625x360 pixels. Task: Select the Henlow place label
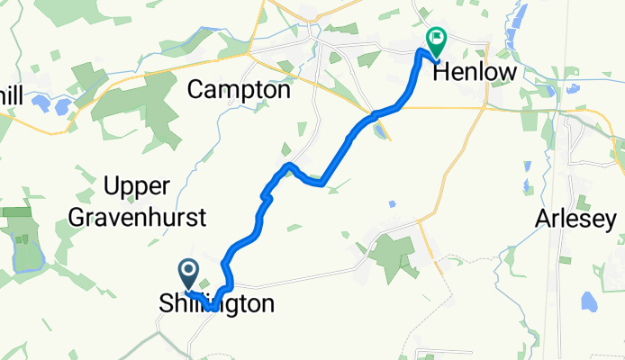point(476,73)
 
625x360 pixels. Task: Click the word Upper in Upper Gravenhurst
point(137,187)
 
